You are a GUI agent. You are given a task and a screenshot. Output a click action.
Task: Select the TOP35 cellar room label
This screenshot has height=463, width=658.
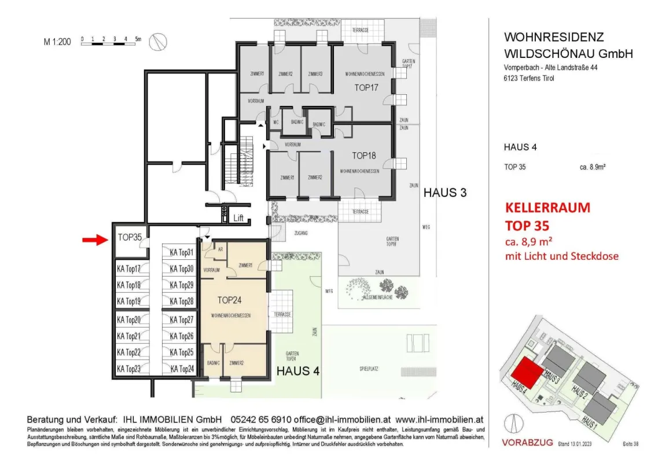pyautogui.click(x=130, y=237)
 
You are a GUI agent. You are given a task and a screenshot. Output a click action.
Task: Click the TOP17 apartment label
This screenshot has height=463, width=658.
pyautogui.click(x=366, y=88)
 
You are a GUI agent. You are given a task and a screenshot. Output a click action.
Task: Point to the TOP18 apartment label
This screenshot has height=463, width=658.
pyautogui.click(x=364, y=156)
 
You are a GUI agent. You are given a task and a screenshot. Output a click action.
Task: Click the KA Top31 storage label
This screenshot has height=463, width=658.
pyautogui.click(x=181, y=252)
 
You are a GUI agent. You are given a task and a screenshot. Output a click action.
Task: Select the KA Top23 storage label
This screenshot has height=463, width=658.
pyautogui.click(x=128, y=369)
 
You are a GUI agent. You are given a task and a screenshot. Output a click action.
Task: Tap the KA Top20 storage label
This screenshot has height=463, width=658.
pyautogui.click(x=128, y=320)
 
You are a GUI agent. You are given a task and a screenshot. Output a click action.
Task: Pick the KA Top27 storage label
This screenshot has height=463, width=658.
pyautogui.click(x=181, y=320)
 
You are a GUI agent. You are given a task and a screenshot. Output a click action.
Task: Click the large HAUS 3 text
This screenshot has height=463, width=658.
pyautogui.click(x=445, y=193)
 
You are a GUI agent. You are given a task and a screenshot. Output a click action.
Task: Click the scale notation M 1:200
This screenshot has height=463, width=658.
pyautogui.click(x=57, y=42)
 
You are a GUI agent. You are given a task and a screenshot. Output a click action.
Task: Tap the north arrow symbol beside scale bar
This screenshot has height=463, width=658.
pyautogui.click(x=158, y=42)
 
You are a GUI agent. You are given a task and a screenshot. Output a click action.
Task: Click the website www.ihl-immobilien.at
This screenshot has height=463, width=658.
pyautogui.click(x=439, y=420)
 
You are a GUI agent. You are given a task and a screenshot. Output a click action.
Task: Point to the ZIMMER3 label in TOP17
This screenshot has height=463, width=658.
pyautogui.click(x=315, y=74)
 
